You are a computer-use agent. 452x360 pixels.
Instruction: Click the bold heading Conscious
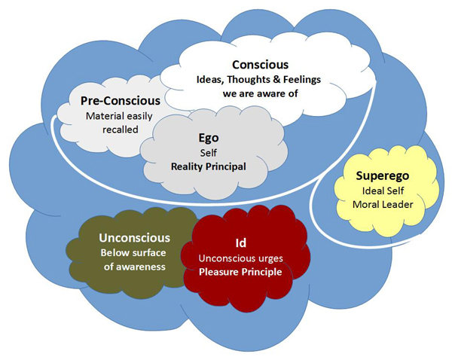tap(261, 65)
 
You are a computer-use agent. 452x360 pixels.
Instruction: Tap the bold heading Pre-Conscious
tap(121, 100)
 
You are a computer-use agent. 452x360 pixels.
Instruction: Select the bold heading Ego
tap(208, 138)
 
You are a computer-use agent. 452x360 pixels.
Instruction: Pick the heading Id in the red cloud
tap(242, 243)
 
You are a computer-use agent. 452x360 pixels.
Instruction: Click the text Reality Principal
tap(208, 166)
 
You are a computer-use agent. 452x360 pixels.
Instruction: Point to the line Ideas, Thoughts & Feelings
tap(261, 80)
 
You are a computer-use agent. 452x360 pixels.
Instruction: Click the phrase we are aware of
tap(261, 94)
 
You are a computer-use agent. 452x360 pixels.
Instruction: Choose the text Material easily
tap(121, 115)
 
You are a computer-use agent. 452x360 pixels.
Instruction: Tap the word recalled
tap(121, 130)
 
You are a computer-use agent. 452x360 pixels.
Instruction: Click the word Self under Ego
tap(208, 152)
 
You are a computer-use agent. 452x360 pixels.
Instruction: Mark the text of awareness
tap(133, 266)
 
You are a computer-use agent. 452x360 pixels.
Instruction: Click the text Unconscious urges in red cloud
tap(242, 258)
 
